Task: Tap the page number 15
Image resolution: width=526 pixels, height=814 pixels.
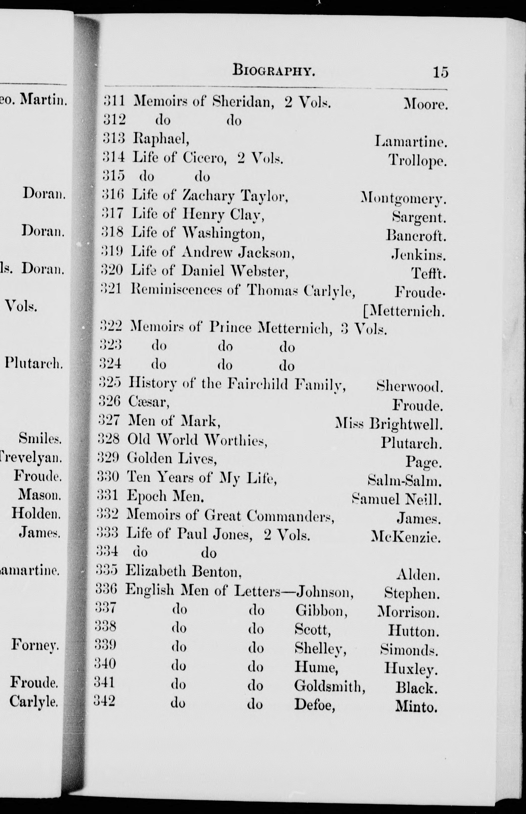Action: tap(440, 72)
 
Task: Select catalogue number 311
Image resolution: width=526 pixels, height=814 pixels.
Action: tap(114, 101)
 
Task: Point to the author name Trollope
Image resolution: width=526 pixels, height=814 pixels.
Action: tap(417, 160)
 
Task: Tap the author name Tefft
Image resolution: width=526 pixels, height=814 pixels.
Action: tap(428, 273)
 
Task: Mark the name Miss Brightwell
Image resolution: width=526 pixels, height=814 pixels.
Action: tap(389, 424)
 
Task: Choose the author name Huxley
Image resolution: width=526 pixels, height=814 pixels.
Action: tap(410, 667)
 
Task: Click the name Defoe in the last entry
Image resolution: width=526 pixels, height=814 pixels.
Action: tap(314, 704)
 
